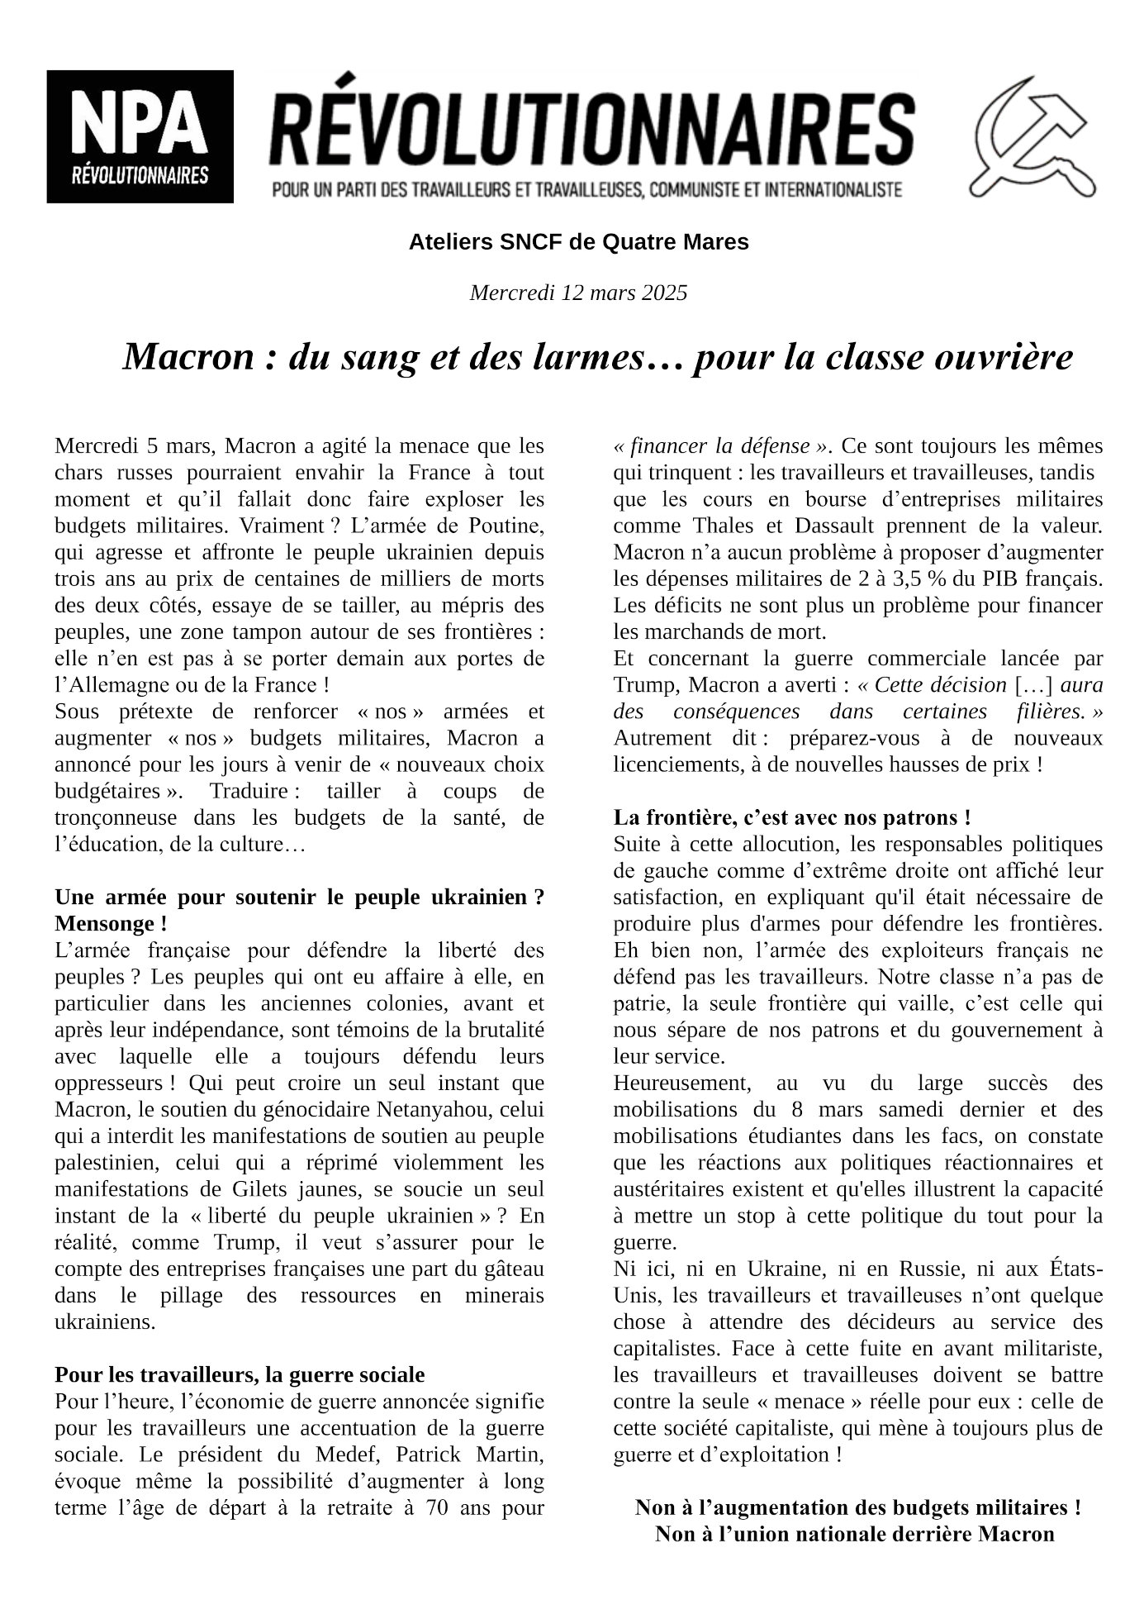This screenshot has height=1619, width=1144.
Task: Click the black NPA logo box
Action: coord(140,136)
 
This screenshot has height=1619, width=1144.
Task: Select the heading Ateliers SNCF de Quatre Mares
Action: coord(578,242)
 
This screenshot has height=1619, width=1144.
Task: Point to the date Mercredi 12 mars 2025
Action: coord(578,293)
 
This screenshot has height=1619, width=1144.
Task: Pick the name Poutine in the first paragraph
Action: coord(510,526)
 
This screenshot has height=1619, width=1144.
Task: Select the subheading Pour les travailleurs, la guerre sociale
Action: coord(240,1374)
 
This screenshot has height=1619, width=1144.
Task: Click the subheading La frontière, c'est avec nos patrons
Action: coord(791,817)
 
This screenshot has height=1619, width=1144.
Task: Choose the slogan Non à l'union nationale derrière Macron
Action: coord(855,1534)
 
